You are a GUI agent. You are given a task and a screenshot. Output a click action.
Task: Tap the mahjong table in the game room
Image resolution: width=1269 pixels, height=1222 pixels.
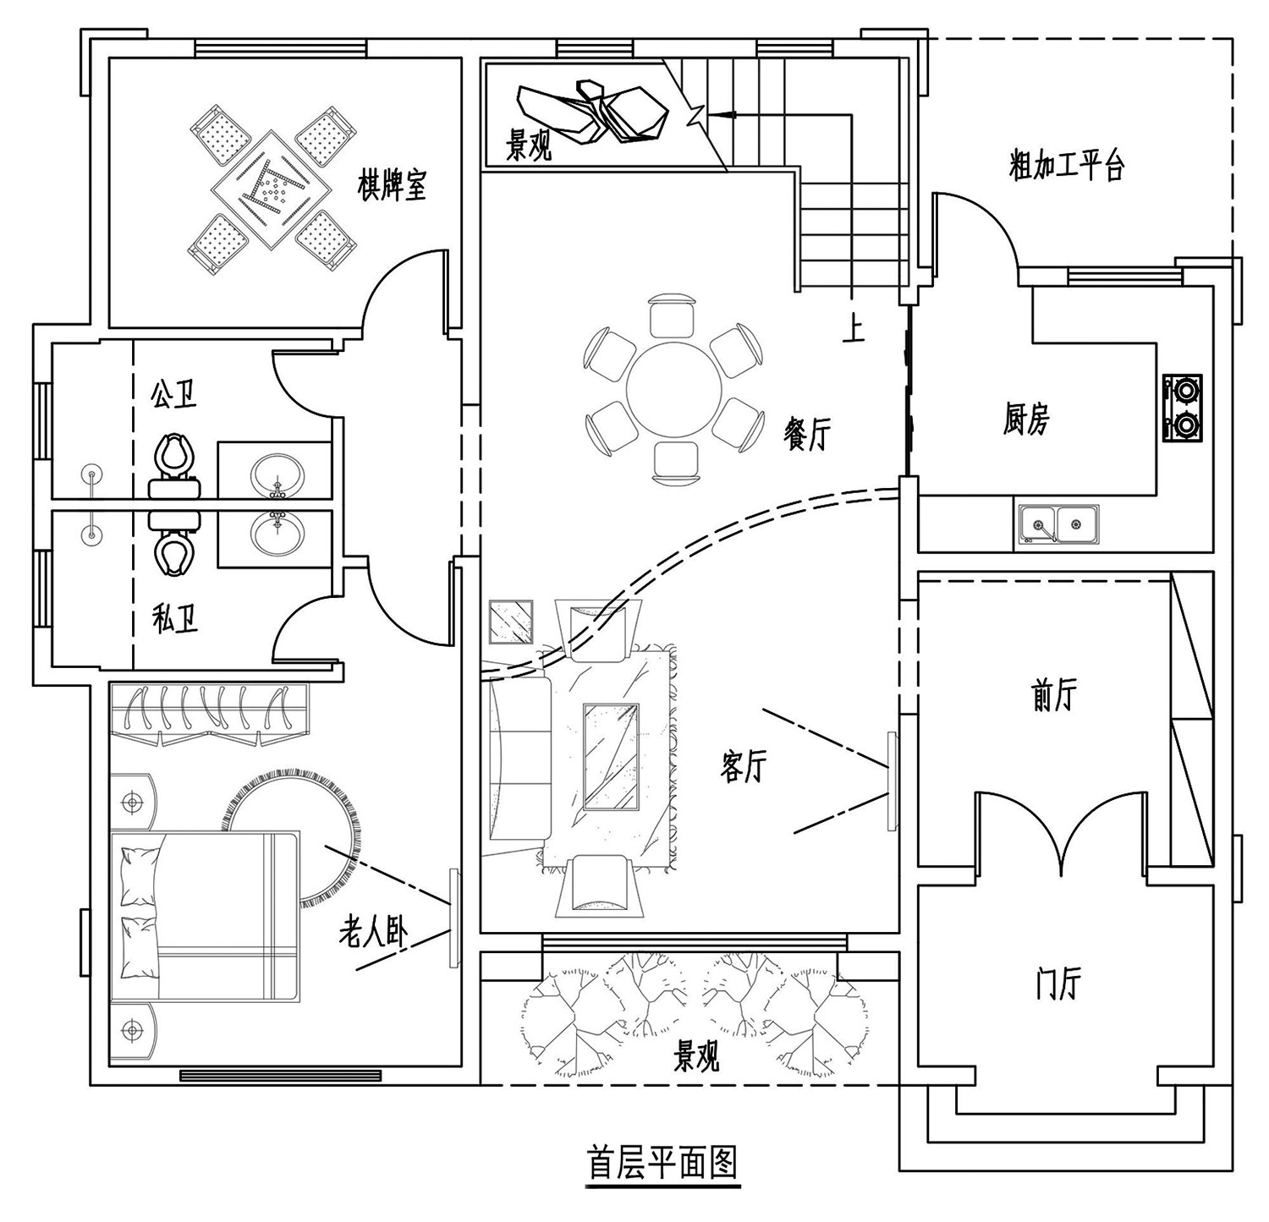click(x=271, y=190)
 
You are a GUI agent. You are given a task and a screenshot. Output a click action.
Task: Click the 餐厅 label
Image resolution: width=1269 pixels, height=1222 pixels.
click(x=808, y=434)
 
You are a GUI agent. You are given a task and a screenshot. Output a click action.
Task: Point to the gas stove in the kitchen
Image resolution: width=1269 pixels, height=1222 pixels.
click(x=1183, y=408)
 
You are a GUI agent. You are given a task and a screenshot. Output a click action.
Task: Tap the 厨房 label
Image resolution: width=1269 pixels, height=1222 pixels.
click(x=1027, y=419)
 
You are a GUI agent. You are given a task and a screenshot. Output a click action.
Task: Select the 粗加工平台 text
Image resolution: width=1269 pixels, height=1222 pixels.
click(x=1067, y=166)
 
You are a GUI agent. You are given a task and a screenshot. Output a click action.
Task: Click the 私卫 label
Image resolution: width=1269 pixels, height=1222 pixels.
click(x=175, y=621)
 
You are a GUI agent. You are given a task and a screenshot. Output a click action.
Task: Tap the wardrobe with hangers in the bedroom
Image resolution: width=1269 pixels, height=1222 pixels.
click(x=209, y=715)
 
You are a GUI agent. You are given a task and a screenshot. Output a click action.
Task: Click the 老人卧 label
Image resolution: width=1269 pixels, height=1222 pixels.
click(x=373, y=933)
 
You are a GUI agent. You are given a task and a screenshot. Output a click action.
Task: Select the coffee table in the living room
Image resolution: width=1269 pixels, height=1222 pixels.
click(x=611, y=756)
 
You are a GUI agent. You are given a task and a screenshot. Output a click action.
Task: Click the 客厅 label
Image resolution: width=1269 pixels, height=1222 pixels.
click(x=744, y=767)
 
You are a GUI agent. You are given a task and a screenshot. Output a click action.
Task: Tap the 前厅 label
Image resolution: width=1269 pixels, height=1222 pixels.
click(x=1054, y=695)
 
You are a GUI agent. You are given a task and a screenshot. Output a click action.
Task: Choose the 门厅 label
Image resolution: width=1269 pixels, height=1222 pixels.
click(x=1058, y=983)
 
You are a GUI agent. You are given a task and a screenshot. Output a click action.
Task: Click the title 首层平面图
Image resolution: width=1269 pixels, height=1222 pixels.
click(x=663, y=1163)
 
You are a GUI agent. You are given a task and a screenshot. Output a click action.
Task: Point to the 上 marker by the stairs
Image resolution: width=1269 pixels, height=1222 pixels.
click(x=854, y=329)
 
